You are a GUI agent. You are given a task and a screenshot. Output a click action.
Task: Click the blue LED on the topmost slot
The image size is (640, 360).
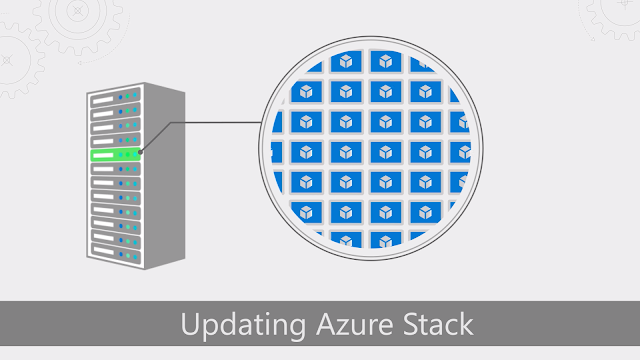123,98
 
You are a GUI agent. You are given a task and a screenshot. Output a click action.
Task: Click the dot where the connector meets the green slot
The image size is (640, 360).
141,153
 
